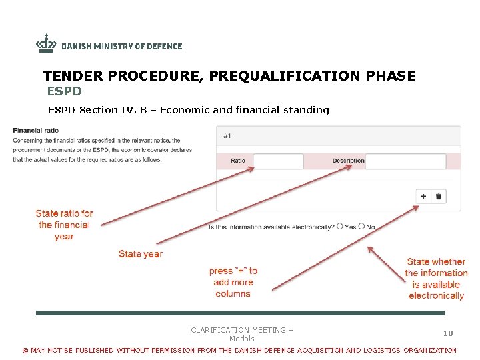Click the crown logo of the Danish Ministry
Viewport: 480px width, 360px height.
click(x=46, y=44)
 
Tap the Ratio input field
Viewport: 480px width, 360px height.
click(x=278, y=161)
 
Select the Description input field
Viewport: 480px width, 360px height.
click(x=405, y=161)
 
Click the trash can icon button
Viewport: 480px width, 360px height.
click(x=439, y=196)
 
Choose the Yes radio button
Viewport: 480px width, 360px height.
click(x=340, y=227)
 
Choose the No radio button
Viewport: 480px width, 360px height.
click(x=361, y=227)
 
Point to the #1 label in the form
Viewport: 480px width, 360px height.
click(x=227, y=136)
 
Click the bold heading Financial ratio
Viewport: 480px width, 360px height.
click(x=36, y=131)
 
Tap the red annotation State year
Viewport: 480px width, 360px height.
click(x=140, y=254)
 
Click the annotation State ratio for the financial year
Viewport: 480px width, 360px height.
click(x=64, y=225)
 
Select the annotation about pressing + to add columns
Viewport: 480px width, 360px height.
click(x=233, y=282)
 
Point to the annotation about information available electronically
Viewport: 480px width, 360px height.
click(x=436, y=279)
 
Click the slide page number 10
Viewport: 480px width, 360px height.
click(x=448, y=333)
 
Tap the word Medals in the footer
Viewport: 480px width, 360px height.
click(x=241, y=339)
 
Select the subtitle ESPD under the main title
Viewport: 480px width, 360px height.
click(x=64, y=91)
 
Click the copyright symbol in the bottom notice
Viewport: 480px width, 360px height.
click(x=25, y=351)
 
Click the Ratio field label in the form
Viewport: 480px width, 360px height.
click(x=238, y=161)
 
